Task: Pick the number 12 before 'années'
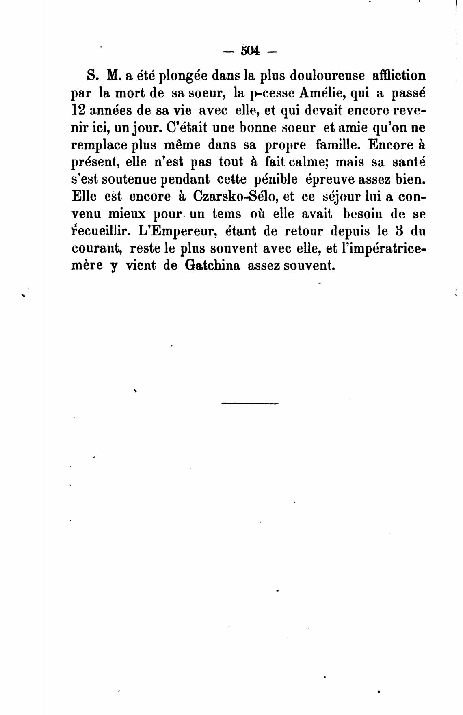click(x=78, y=110)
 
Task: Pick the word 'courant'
click(x=97, y=248)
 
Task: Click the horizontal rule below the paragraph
click(x=250, y=403)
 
